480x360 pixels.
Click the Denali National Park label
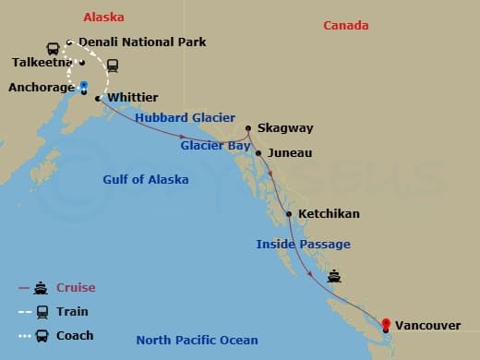142,42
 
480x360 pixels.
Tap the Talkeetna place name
42,63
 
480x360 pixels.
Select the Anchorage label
40,89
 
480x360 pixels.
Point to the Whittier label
133,97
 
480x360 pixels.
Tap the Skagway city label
286,128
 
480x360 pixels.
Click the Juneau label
290,153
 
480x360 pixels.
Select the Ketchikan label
329,214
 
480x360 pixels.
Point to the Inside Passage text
303,245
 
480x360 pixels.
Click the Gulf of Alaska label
145,180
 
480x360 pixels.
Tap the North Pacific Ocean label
197,341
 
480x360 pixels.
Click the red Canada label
346,26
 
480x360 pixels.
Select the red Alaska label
103,18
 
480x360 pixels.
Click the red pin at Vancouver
385,318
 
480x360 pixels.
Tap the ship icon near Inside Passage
334,275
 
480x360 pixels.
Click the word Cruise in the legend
76,288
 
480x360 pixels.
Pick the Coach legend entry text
75,336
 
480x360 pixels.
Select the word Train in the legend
73,312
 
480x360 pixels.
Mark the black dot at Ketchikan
289,214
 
